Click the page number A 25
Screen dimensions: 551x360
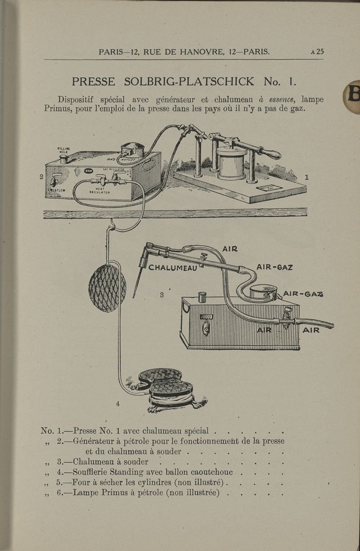[x=317, y=51]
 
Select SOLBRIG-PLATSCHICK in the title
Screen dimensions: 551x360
[x=189, y=81]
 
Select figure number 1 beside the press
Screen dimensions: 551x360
[x=307, y=177]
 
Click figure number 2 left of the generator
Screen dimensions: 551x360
[x=41, y=177]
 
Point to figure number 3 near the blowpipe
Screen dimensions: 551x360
[x=162, y=295]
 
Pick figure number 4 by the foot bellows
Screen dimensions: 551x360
[x=117, y=403]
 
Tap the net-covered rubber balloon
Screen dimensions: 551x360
[x=107, y=288]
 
